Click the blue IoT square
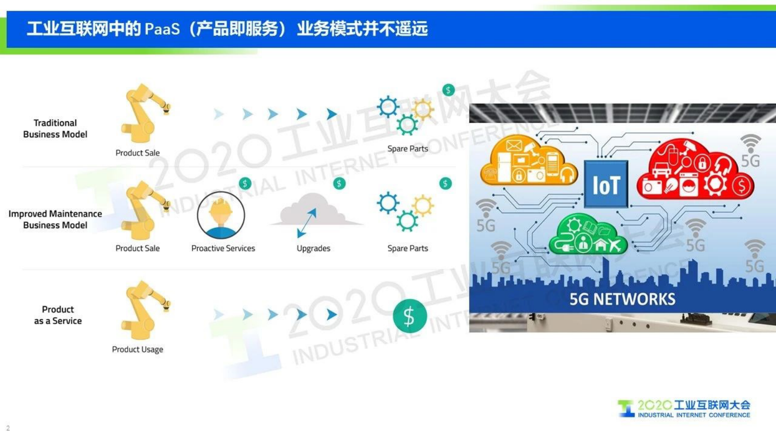pos(606,184)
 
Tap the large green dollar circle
pos(410,316)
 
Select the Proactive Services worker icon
pos(221,216)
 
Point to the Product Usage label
pos(137,349)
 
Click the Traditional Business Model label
pos(55,129)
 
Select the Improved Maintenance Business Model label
pos(55,219)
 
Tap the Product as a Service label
pos(58,315)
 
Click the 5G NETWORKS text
pos(622,299)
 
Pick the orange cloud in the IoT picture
pos(528,161)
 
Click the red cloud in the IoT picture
pos(694,171)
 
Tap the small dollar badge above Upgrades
pos(339,184)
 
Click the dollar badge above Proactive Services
pos(245,184)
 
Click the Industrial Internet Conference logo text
pos(693,415)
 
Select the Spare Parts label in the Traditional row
pos(407,149)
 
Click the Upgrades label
pos(313,248)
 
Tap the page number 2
pos(8,428)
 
